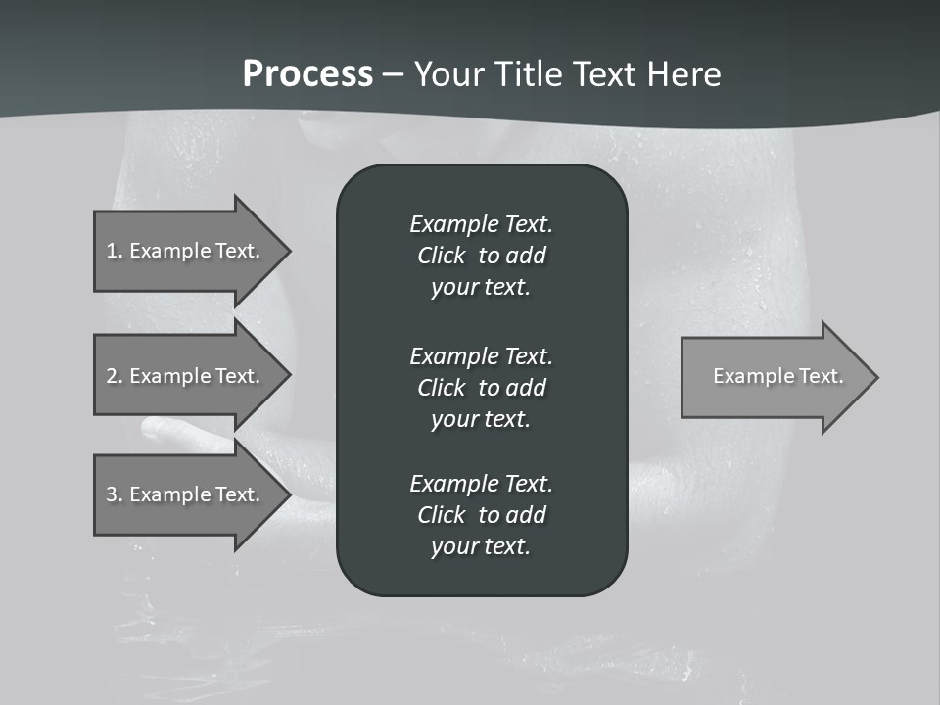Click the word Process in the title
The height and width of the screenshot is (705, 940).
307,74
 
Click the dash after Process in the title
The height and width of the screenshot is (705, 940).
394,75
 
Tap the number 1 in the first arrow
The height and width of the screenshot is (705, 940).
112,251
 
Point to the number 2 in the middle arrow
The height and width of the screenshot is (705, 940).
112,376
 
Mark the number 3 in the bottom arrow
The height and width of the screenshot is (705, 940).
112,494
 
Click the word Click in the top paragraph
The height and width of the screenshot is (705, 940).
441,256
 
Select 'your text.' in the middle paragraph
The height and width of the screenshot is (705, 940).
481,419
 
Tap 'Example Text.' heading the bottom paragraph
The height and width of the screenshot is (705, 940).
481,484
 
